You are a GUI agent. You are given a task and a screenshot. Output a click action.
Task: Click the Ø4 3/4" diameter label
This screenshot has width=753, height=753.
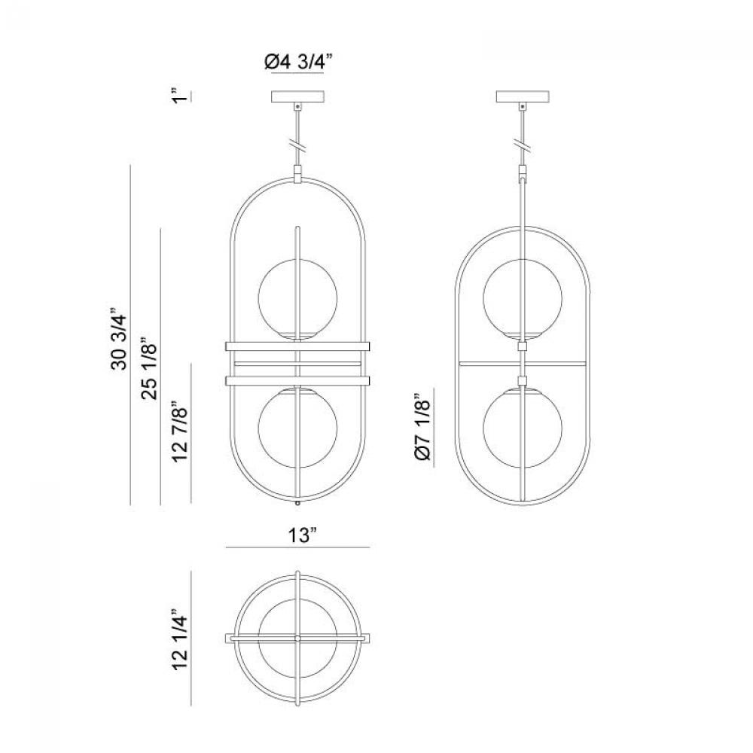pyautogui.click(x=298, y=62)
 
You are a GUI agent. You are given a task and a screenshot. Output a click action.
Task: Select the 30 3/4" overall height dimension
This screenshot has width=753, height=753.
pyautogui.click(x=119, y=338)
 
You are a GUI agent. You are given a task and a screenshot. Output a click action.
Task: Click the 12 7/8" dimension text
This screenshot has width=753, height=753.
pyautogui.click(x=180, y=431)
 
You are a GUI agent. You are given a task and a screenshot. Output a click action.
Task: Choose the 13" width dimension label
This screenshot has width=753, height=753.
pyautogui.click(x=303, y=535)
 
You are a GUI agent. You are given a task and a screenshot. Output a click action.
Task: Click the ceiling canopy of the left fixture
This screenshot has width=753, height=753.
pyautogui.click(x=298, y=96)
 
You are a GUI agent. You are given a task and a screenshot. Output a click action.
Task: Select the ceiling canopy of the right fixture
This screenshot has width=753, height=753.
pyautogui.click(x=523, y=96)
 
